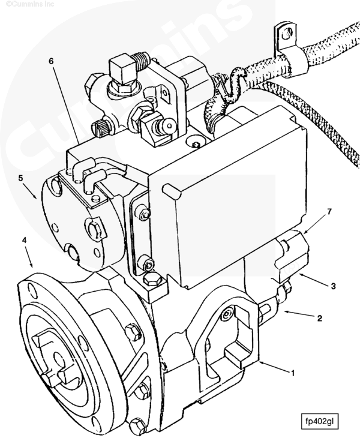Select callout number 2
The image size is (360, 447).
319,318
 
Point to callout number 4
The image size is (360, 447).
25,240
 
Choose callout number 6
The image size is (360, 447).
51,62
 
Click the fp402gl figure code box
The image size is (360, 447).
320,420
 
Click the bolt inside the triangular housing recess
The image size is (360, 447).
227,314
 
